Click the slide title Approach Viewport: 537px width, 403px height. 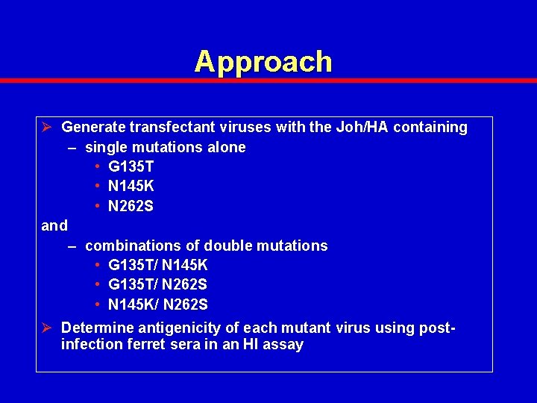[263, 61]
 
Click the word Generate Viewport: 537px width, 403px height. [93, 128]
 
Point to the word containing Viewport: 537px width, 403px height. [430, 128]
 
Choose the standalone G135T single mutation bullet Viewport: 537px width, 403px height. [131, 166]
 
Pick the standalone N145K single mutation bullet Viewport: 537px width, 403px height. [131, 186]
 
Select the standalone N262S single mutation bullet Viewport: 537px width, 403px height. [131, 206]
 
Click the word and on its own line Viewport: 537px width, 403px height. [54, 225]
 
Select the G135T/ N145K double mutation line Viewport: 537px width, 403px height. [157, 265]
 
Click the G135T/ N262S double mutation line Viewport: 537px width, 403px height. [157, 285]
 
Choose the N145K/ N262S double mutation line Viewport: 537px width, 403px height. [157, 304]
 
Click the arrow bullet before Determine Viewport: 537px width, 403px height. [48, 328]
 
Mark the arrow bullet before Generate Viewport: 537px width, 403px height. [48, 128]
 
